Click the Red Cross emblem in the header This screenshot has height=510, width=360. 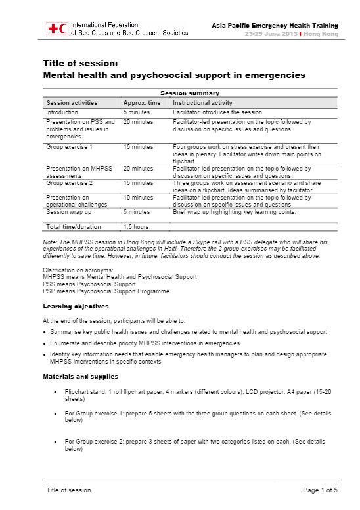[52, 28]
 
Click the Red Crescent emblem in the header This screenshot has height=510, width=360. [63, 28]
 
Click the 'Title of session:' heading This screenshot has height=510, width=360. [80, 64]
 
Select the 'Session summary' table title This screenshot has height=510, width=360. [190, 93]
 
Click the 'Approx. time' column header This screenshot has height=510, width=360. [142, 103]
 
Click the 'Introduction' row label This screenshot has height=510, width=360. [62, 112]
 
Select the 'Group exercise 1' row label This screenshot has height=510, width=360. [69, 147]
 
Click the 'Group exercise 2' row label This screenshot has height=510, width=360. [69, 182]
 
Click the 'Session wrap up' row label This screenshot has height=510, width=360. [68, 212]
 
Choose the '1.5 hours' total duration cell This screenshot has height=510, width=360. [136, 227]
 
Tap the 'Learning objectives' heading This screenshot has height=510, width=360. [76, 307]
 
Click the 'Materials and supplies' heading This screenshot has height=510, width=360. [80, 377]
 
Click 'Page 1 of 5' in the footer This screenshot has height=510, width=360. [320, 490]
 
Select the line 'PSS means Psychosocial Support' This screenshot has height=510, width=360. [89, 284]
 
